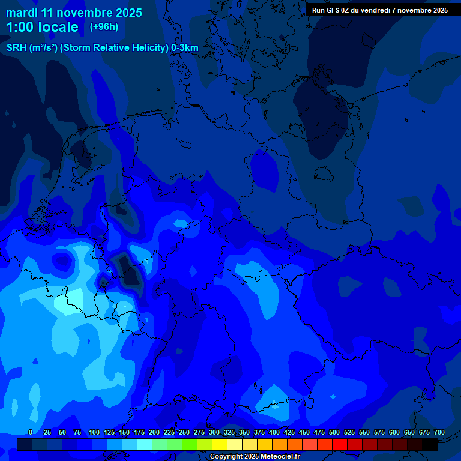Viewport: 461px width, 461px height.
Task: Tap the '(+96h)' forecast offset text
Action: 104,27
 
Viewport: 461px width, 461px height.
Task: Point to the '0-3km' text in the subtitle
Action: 184,48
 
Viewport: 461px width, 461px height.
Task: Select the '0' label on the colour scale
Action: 31,433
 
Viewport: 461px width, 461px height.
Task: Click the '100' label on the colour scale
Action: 94,433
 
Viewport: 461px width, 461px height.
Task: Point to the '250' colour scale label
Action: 184,433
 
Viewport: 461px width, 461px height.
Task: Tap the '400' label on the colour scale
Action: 274,433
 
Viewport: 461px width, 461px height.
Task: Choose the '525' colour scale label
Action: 349,433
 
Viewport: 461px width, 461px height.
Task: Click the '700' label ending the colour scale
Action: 439,433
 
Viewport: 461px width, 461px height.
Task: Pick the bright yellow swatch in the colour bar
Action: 220,444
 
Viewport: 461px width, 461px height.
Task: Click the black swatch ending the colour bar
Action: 430,444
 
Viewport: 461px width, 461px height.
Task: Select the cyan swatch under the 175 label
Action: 145,444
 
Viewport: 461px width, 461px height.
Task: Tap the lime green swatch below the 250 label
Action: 190,444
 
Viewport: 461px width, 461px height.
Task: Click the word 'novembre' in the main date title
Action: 85,13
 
